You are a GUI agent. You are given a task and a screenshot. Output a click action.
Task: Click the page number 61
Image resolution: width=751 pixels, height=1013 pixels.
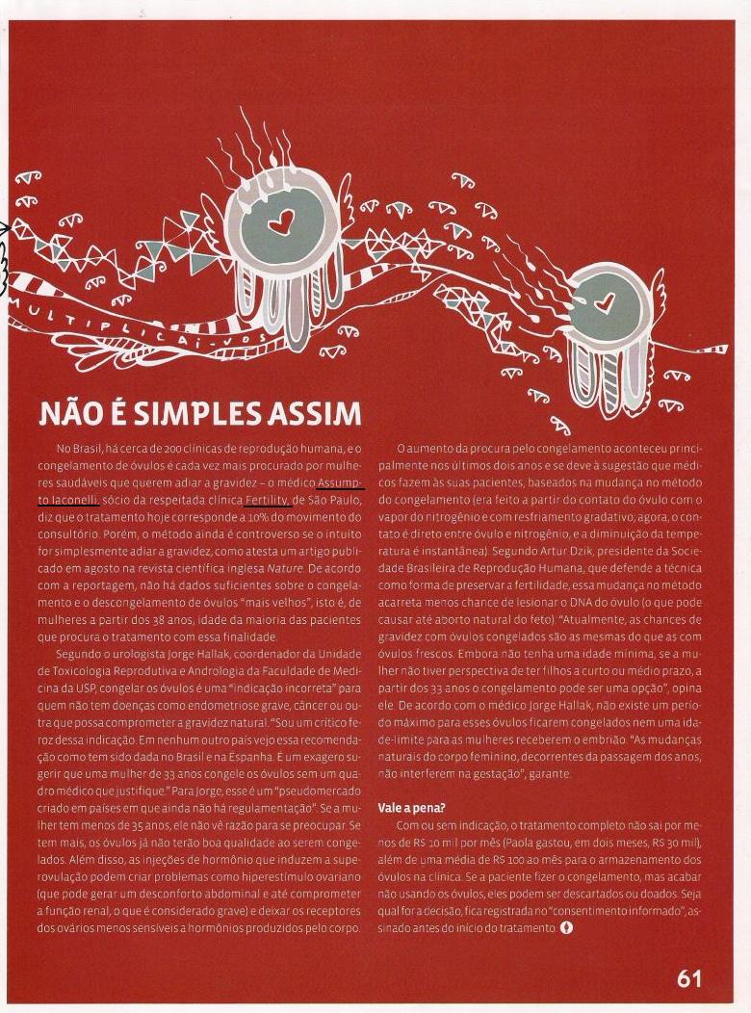(x=689, y=979)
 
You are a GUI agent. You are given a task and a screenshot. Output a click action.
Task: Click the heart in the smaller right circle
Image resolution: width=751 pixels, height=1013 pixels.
(x=605, y=302)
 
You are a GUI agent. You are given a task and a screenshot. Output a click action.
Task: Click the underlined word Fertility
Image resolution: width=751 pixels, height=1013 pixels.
(x=268, y=501)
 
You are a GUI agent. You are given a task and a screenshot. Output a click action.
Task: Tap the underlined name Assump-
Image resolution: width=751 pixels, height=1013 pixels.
(x=341, y=483)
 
